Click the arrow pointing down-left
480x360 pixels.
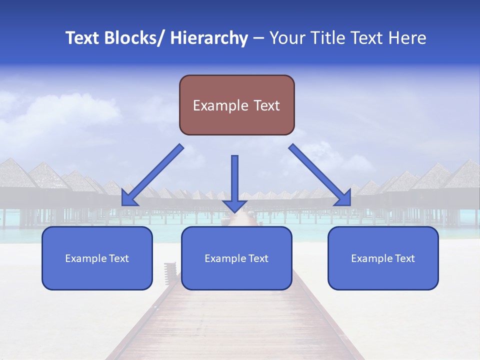click(152, 176)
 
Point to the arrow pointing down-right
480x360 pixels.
click(320, 175)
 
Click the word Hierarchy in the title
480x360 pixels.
click(209, 38)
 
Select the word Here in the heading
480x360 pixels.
click(408, 38)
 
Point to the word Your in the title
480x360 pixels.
click(286, 38)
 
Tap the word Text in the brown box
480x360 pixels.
click(267, 105)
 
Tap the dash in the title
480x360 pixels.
click(258, 38)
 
